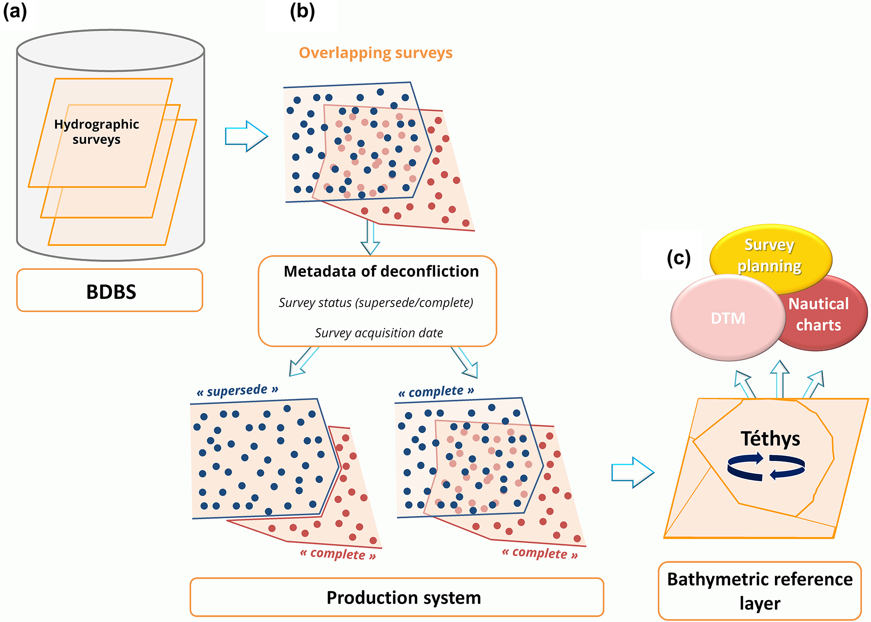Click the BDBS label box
coord(110,291)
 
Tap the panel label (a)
coord(15,11)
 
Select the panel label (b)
coord(302,11)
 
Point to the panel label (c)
coord(678,258)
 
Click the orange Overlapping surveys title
coord(375,53)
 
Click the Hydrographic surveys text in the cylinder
coord(96,132)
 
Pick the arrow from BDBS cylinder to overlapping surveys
coord(246,136)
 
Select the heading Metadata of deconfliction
coord(381,272)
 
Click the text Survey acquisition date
coord(379,333)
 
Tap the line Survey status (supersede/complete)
coord(376,303)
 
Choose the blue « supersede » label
coord(237,390)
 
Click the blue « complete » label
coord(436,392)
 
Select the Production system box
coord(397,597)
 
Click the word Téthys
coord(770,439)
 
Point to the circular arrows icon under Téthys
coord(766,466)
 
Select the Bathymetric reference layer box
coord(759,591)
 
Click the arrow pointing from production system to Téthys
coord(632,472)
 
